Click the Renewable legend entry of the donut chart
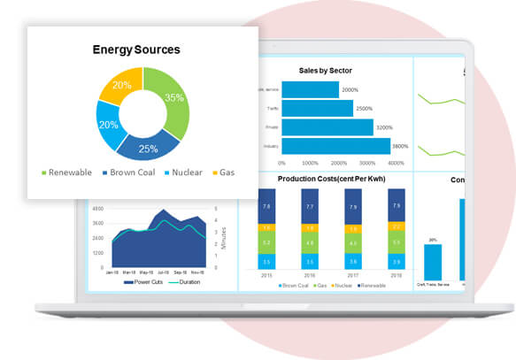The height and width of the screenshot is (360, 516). pyautogui.click(x=65, y=172)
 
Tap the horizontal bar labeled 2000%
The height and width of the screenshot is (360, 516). pyautogui.click(x=309, y=89)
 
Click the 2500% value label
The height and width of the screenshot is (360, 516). pyautogui.click(x=364, y=109)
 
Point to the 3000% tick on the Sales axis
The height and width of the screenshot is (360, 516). pyautogui.click(x=365, y=163)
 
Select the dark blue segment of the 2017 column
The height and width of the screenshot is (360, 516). pyautogui.click(x=353, y=210)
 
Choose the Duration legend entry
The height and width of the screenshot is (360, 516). pyautogui.click(x=185, y=282)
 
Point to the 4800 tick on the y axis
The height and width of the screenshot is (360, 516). pyautogui.click(x=97, y=209)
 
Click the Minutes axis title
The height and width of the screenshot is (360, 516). pyautogui.click(x=224, y=235)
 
